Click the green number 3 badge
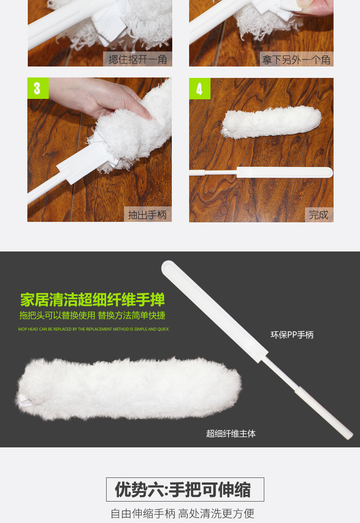pos(38,88)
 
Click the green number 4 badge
pos(200,88)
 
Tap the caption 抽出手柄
pos(147,215)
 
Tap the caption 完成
pos(319,215)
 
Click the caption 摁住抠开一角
pos(138,59)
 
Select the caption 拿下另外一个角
pos(296,60)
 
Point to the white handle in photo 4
pos(261,173)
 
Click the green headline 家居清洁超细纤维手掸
pos(93,299)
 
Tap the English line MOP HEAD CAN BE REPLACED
pos(93,329)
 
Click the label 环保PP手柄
pos(292,335)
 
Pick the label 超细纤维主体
pos(231,434)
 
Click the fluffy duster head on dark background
pos(129,388)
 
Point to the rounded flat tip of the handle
pos(168,267)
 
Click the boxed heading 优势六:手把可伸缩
pos(185,490)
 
